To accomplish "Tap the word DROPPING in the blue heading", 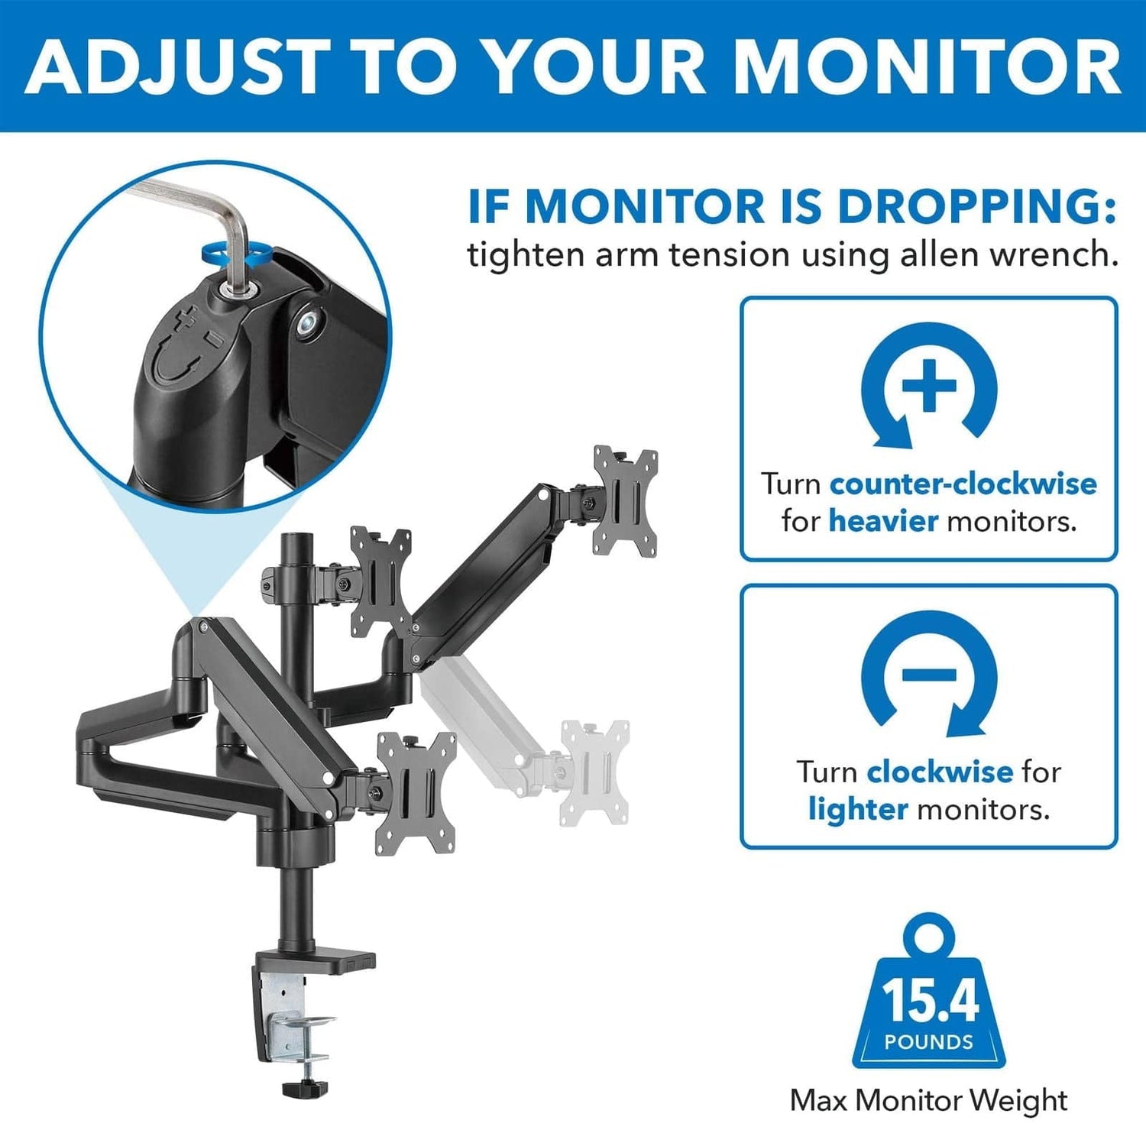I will coord(976,206).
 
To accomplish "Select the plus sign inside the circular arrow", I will coord(928,384).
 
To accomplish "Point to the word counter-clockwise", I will coord(963,484).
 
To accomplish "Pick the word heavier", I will coord(883,521).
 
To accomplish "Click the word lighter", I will coord(858,808).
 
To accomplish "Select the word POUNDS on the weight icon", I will coord(928,1042).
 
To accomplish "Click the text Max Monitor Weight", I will coord(928,1101).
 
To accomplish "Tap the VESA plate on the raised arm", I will coord(626,500).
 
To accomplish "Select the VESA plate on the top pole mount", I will coord(380,581).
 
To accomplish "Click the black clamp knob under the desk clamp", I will coord(304,1086).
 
